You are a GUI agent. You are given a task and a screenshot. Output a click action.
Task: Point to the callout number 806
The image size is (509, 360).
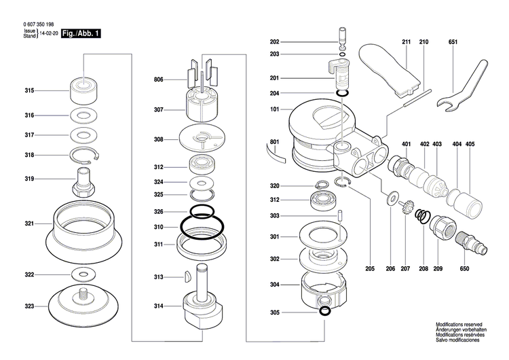tap(158, 80)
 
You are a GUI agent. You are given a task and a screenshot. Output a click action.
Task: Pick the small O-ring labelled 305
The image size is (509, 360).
tap(324, 312)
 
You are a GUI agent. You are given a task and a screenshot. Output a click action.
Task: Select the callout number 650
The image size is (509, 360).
tap(465, 270)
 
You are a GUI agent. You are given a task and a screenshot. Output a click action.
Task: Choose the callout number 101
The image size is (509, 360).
tap(275, 109)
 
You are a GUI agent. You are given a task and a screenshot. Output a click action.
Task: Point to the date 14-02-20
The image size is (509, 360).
tap(49, 33)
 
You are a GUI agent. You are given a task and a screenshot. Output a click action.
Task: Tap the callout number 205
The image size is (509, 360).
tap(370, 270)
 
